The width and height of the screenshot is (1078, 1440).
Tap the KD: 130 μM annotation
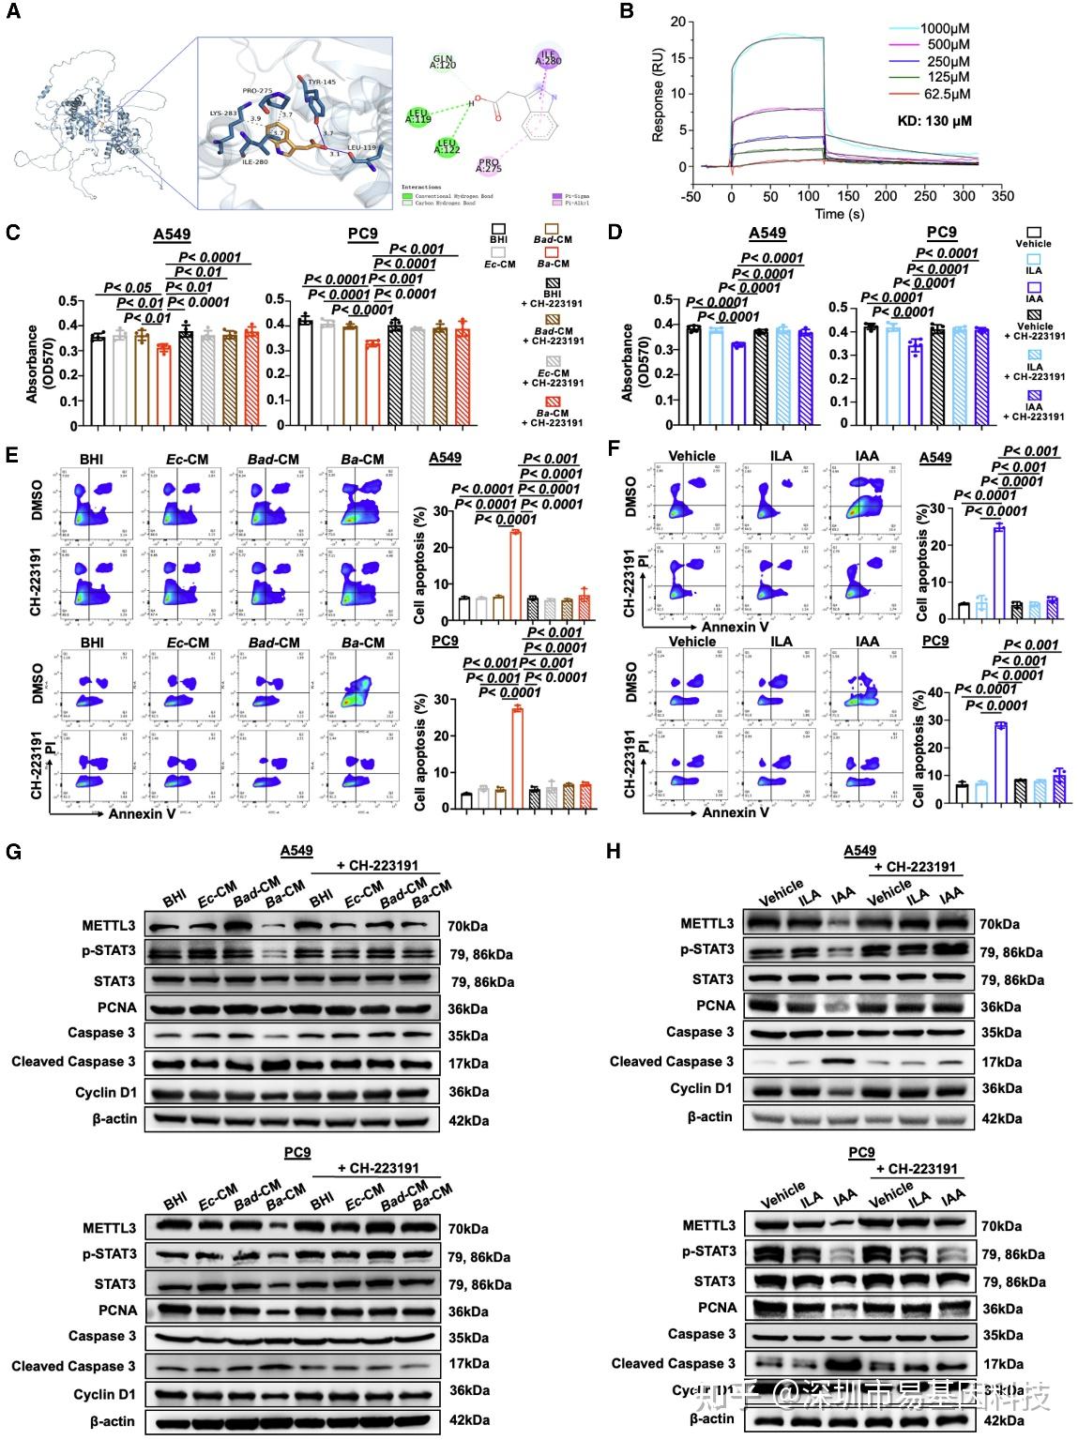click(x=930, y=121)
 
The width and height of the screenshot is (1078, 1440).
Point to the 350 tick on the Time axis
click(x=1002, y=197)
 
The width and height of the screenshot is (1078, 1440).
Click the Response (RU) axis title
click(x=658, y=97)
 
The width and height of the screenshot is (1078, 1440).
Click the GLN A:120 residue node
click(x=444, y=63)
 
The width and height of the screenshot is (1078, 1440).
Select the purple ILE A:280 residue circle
click(x=548, y=59)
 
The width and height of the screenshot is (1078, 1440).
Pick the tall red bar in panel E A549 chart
click(x=515, y=574)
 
